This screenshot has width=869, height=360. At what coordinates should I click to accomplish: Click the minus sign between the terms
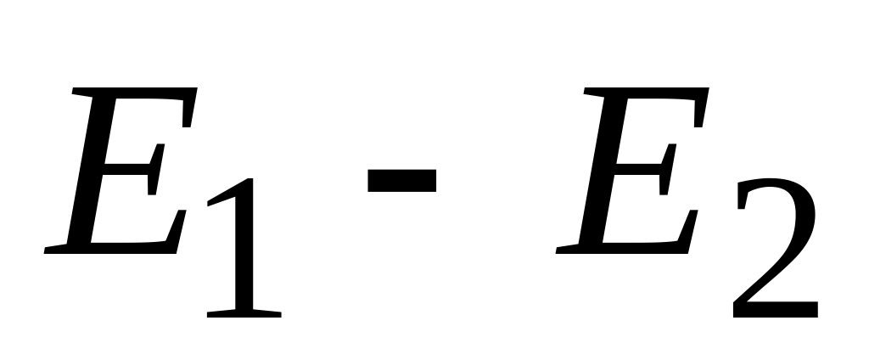[401, 179]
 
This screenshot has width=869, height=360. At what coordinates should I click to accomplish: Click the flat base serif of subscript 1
[244, 312]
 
